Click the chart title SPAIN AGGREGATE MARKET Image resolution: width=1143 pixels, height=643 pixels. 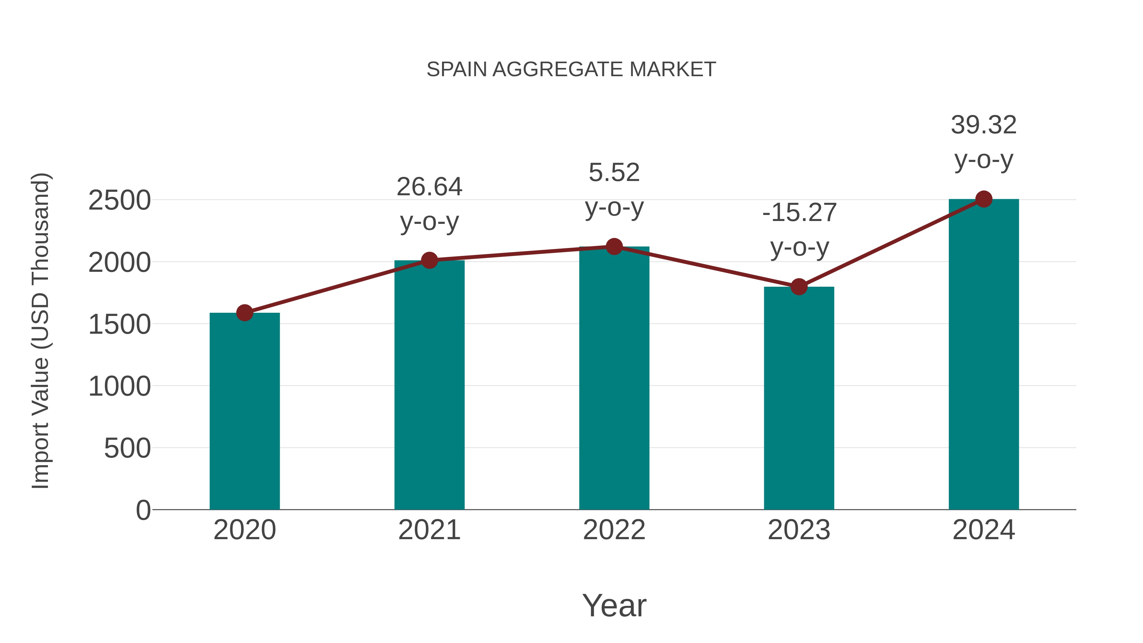(571, 70)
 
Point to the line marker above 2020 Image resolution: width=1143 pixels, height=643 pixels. (244, 313)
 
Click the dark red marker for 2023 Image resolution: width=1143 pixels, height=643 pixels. (799, 287)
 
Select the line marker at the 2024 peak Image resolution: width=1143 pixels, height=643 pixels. (984, 199)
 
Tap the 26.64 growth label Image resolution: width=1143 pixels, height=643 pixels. (429, 187)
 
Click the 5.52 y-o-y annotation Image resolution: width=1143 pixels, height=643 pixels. (614, 173)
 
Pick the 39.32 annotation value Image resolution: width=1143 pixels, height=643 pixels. (984, 125)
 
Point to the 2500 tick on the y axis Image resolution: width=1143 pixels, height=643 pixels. (119, 201)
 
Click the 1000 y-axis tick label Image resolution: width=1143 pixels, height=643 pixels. (119, 386)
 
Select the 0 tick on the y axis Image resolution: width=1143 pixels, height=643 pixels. (143, 510)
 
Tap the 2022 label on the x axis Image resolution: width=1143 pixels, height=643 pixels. (614, 530)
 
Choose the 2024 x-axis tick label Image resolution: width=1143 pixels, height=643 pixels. (984, 530)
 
